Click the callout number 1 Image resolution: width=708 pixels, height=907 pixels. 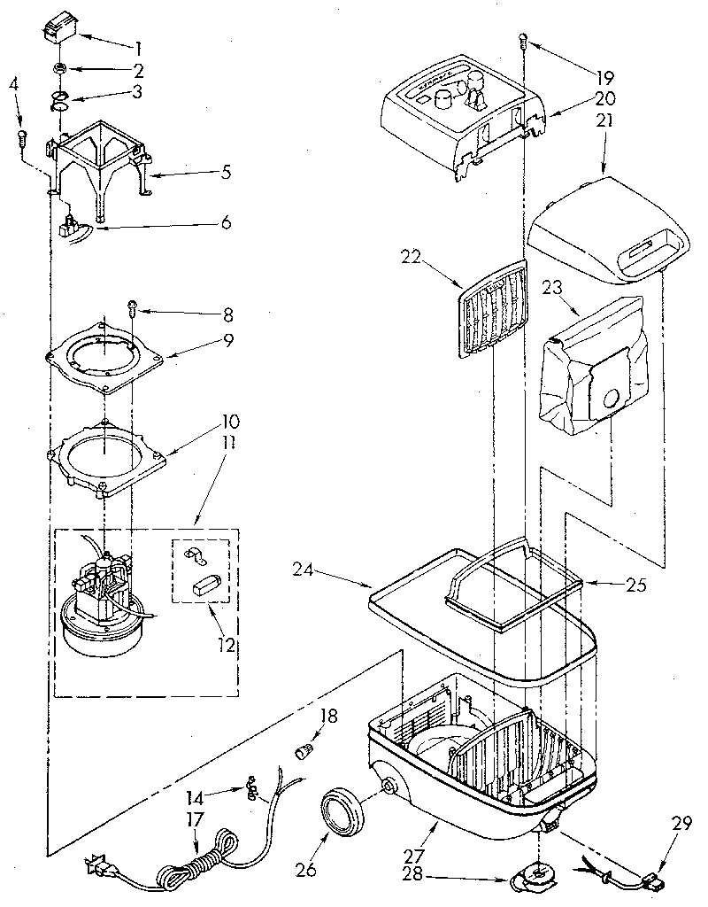pos(137,46)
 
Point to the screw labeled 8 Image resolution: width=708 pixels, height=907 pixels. pos(133,307)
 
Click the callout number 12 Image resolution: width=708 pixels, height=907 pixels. pos(227,645)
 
